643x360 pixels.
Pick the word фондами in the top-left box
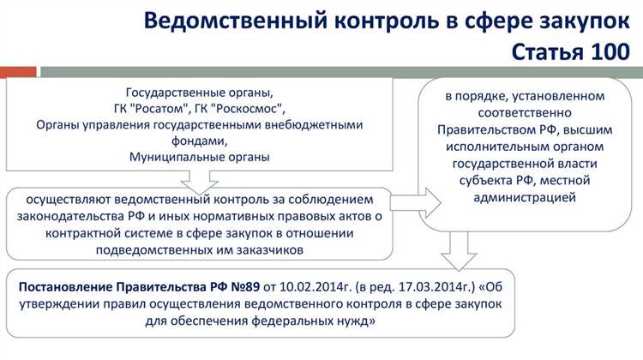[x=198, y=141]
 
